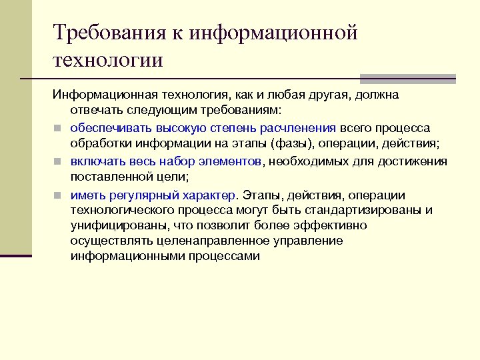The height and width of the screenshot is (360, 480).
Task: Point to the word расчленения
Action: [x=298, y=127]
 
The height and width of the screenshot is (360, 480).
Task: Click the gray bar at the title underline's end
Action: [x=407, y=77]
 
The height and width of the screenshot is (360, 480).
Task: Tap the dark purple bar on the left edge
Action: [x=15, y=255]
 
